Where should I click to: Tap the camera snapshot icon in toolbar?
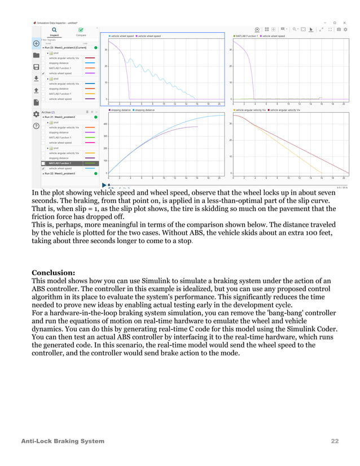339,29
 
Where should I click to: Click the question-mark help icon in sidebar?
36,126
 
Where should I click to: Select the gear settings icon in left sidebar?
36,114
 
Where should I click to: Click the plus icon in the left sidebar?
36,43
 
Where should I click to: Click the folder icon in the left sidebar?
36,55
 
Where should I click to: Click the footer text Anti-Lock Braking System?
63,441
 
